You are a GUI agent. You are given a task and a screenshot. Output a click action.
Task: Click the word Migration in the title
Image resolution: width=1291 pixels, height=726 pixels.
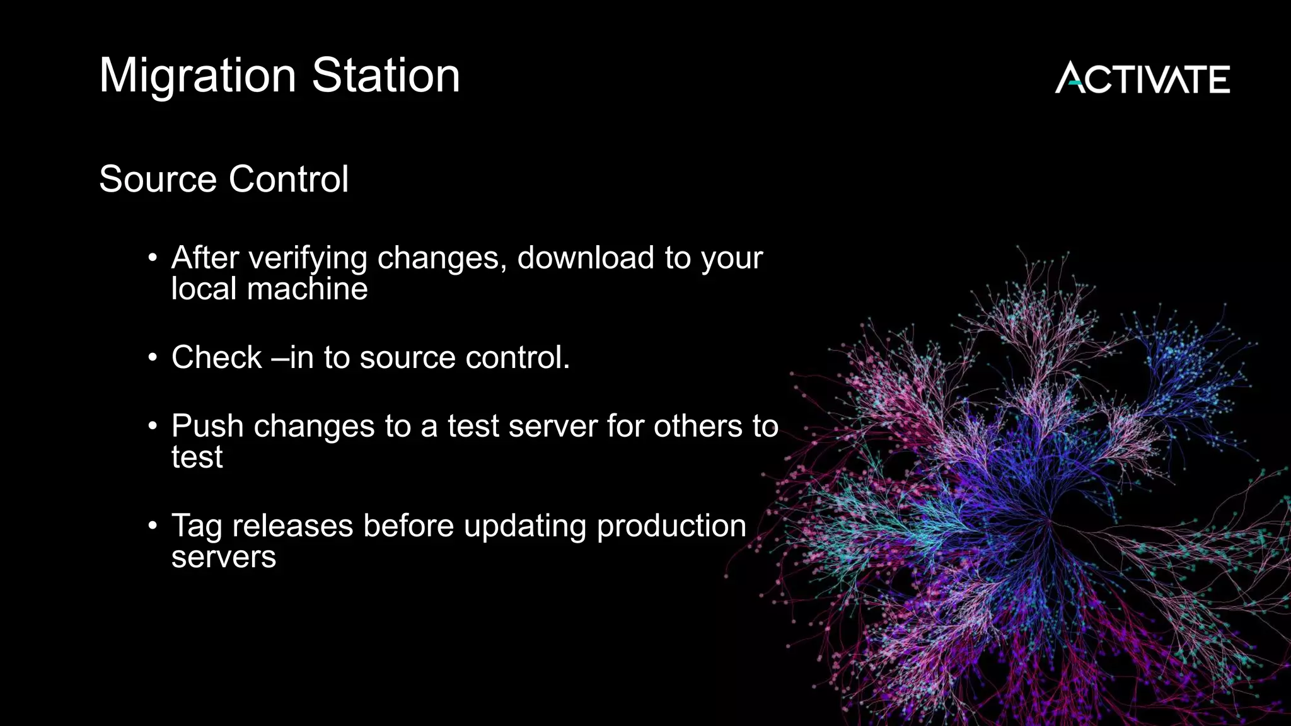(197, 76)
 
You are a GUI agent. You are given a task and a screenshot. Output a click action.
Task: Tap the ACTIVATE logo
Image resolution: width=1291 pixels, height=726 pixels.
(1142, 78)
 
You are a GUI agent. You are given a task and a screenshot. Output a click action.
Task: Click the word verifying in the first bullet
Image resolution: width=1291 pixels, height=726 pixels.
(308, 259)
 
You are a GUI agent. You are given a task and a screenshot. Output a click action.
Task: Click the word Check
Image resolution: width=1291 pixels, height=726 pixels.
(216, 357)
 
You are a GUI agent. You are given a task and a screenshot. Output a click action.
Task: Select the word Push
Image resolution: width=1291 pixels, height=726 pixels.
(207, 426)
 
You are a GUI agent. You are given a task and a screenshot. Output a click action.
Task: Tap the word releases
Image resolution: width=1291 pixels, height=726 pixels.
(292, 526)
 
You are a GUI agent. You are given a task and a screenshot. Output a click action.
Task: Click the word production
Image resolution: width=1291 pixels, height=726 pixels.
(671, 527)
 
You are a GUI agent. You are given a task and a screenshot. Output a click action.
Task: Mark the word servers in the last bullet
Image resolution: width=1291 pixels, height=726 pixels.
(224, 557)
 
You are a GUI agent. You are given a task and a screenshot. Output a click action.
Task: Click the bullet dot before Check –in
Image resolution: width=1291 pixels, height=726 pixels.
(153, 357)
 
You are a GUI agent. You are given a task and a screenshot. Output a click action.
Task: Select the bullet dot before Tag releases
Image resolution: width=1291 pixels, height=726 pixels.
(153, 526)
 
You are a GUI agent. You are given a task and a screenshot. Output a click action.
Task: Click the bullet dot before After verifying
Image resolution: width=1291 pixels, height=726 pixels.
(153, 258)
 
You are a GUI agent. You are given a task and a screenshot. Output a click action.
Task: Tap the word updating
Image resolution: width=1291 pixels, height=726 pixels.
(525, 527)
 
